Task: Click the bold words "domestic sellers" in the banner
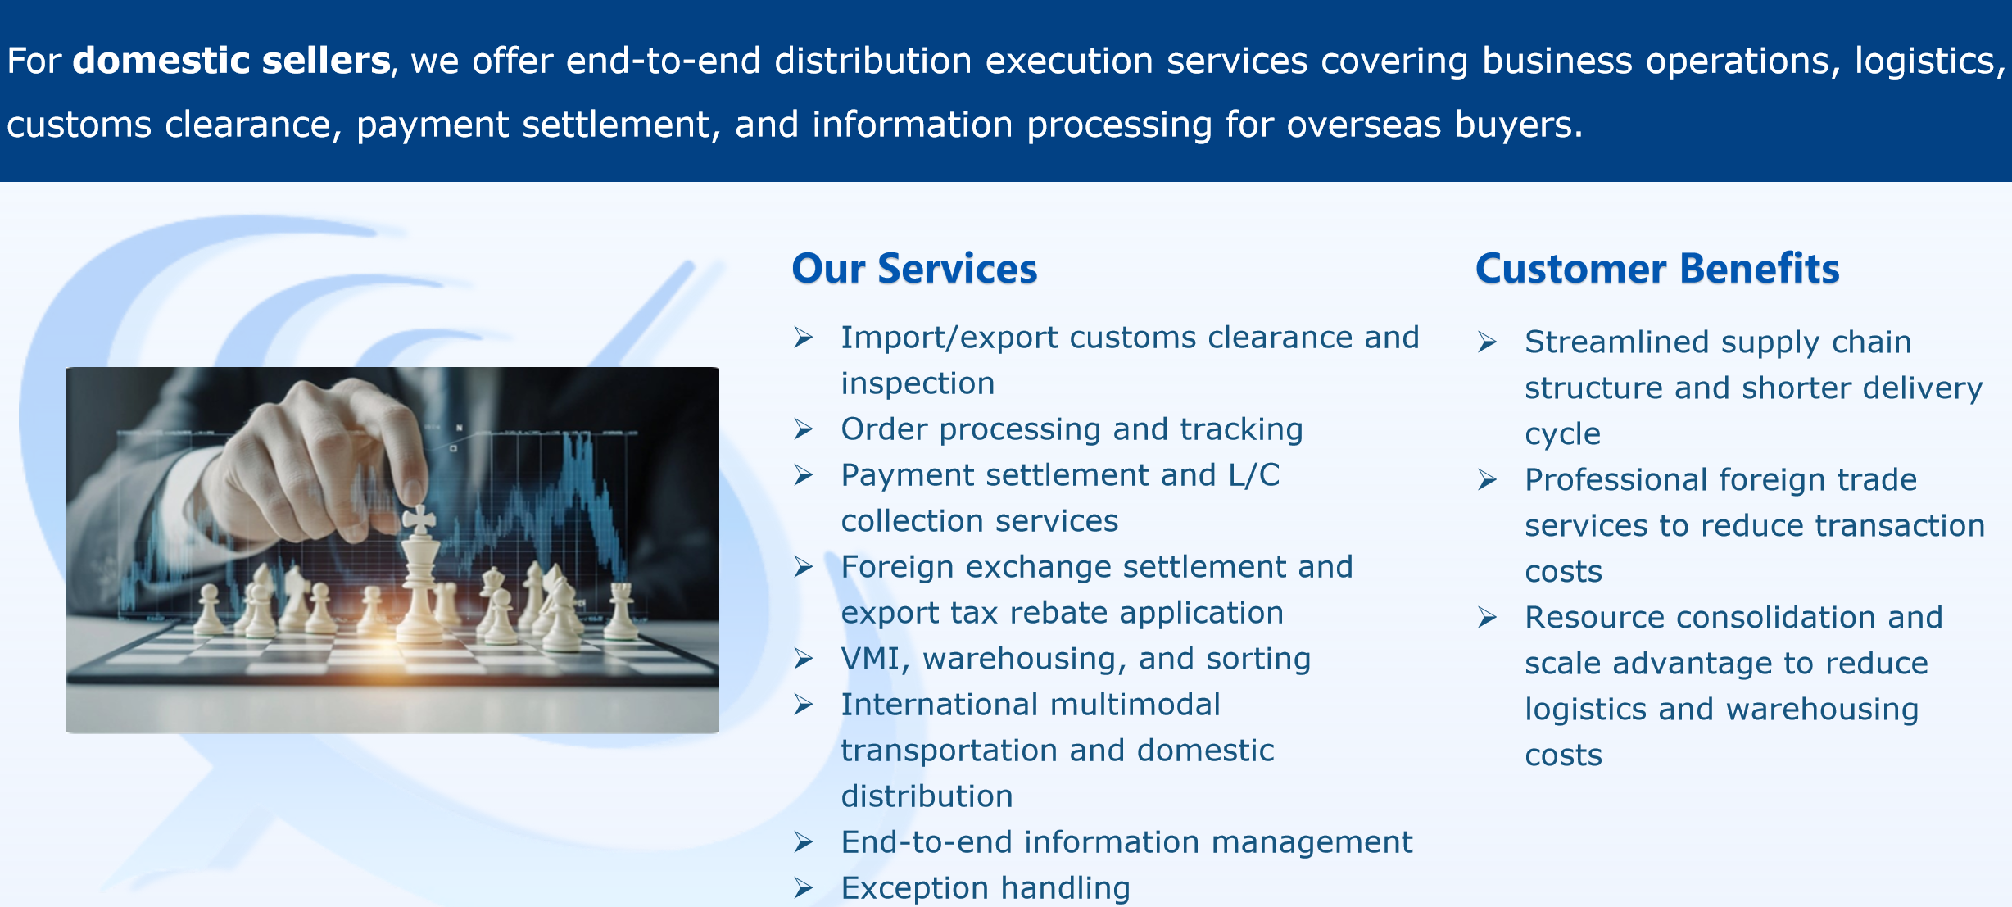click(x=231, y=61)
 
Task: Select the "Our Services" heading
click(x=914, y=269)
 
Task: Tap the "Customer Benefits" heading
click(x=1657, y=269)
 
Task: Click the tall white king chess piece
click(x=420, y=574)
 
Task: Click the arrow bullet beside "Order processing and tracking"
click(x=803, y=429)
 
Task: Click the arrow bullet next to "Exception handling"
click(x=803, y=887)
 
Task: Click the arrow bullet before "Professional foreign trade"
click(x=1487, y=479)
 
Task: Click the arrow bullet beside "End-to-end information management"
click(x=803, y=841)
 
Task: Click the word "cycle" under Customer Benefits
click(x=1562, y=435)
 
